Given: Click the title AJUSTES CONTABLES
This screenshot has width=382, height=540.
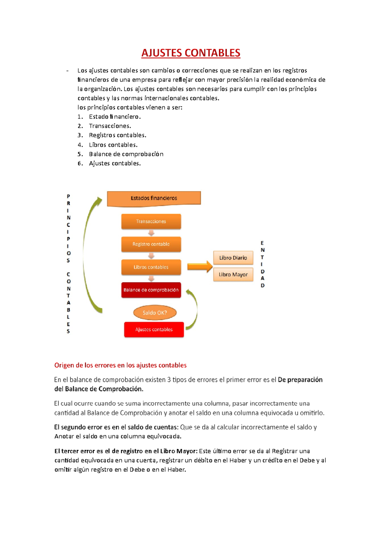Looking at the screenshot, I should (x=191, y=53).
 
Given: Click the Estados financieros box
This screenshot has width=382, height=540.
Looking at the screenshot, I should (x=154, y=198).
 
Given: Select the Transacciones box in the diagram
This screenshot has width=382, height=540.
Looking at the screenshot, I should (x=151, y=221).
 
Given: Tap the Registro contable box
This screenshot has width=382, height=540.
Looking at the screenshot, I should (x=151, y=244).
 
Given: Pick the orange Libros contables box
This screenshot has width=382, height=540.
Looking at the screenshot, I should (x=151, y=267).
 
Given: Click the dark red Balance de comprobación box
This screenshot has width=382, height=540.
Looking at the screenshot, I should (x=151, y=290).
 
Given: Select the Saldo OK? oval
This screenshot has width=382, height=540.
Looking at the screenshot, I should (x=155, y=313).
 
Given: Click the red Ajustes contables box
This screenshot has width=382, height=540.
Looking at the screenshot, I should (x=154, y=330).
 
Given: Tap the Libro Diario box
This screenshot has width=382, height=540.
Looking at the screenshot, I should (x=233, y=258).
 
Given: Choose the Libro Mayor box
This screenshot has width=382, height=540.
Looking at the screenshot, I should (x=233, y=274).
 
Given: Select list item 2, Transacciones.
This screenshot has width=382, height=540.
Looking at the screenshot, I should (x=110, y=126).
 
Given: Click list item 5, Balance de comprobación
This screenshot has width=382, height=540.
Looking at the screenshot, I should (x=126, y=154).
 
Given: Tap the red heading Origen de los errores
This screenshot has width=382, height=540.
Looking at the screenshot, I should (x=120, y=365).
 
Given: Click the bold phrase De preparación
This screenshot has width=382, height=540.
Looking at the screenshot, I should (x=300, y=380).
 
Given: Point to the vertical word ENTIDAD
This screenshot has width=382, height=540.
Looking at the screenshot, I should (x=262, y=264).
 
